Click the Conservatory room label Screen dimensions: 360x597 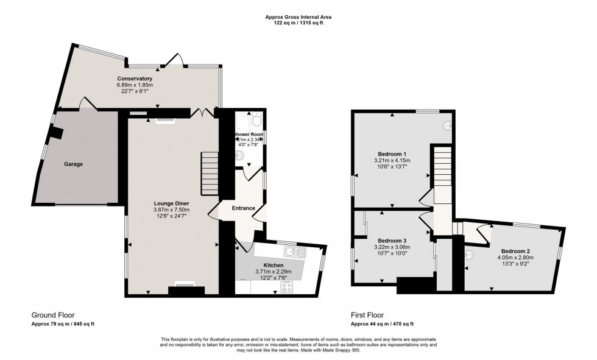click(135, 79)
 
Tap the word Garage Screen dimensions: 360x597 click(74, 164)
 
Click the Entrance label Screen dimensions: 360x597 click(243, 208)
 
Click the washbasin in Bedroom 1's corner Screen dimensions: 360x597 click(448, 125)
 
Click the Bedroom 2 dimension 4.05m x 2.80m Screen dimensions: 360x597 click(515, 258)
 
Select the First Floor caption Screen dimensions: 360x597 click(367, 315)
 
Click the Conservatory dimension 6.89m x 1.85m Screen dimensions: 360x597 click(135, 85)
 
